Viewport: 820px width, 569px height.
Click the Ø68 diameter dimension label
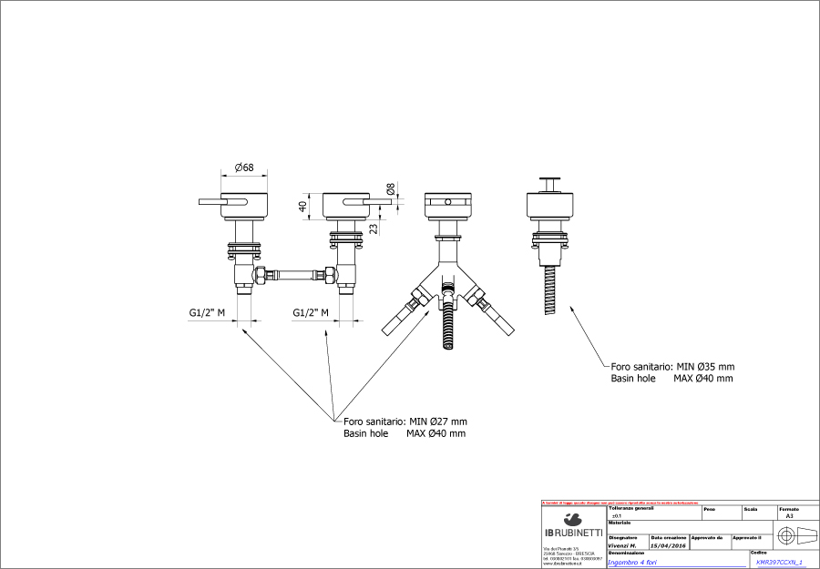243,168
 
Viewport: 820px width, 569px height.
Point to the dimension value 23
373,229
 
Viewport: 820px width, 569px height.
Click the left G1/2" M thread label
207,313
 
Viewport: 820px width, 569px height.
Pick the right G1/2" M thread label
311,313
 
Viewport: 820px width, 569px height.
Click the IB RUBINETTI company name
573,532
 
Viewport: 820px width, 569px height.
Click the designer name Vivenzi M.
622,545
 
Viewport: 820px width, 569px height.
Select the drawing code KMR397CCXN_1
780,562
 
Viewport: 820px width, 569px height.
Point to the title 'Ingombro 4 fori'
638,562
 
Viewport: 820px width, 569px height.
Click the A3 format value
789,515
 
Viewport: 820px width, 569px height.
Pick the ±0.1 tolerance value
617,515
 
